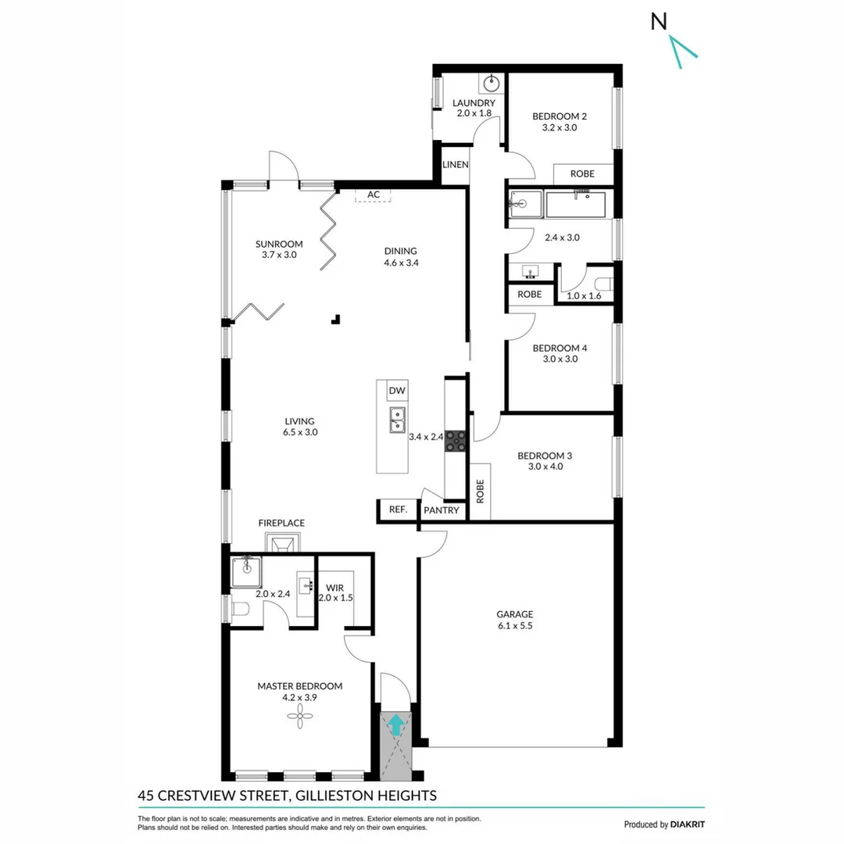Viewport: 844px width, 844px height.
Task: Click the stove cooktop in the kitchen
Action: click(456, 442)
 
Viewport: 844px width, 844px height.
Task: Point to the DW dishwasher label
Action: click(396, 391)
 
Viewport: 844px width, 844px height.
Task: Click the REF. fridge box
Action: click(398, 510)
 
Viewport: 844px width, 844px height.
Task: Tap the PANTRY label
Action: click(442, 510)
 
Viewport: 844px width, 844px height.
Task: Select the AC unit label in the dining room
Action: click(374, 195)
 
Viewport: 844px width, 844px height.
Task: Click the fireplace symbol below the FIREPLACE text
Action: click(282, 542)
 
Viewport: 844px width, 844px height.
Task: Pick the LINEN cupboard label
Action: click(455, 165)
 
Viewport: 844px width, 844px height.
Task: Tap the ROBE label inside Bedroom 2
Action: click(581, 173)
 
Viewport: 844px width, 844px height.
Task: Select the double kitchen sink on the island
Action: click(397, 420)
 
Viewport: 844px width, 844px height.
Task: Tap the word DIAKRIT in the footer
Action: click(688, 824)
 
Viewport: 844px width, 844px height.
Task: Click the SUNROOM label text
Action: click(279, 243)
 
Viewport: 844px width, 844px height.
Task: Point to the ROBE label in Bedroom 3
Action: click(480, 491)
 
